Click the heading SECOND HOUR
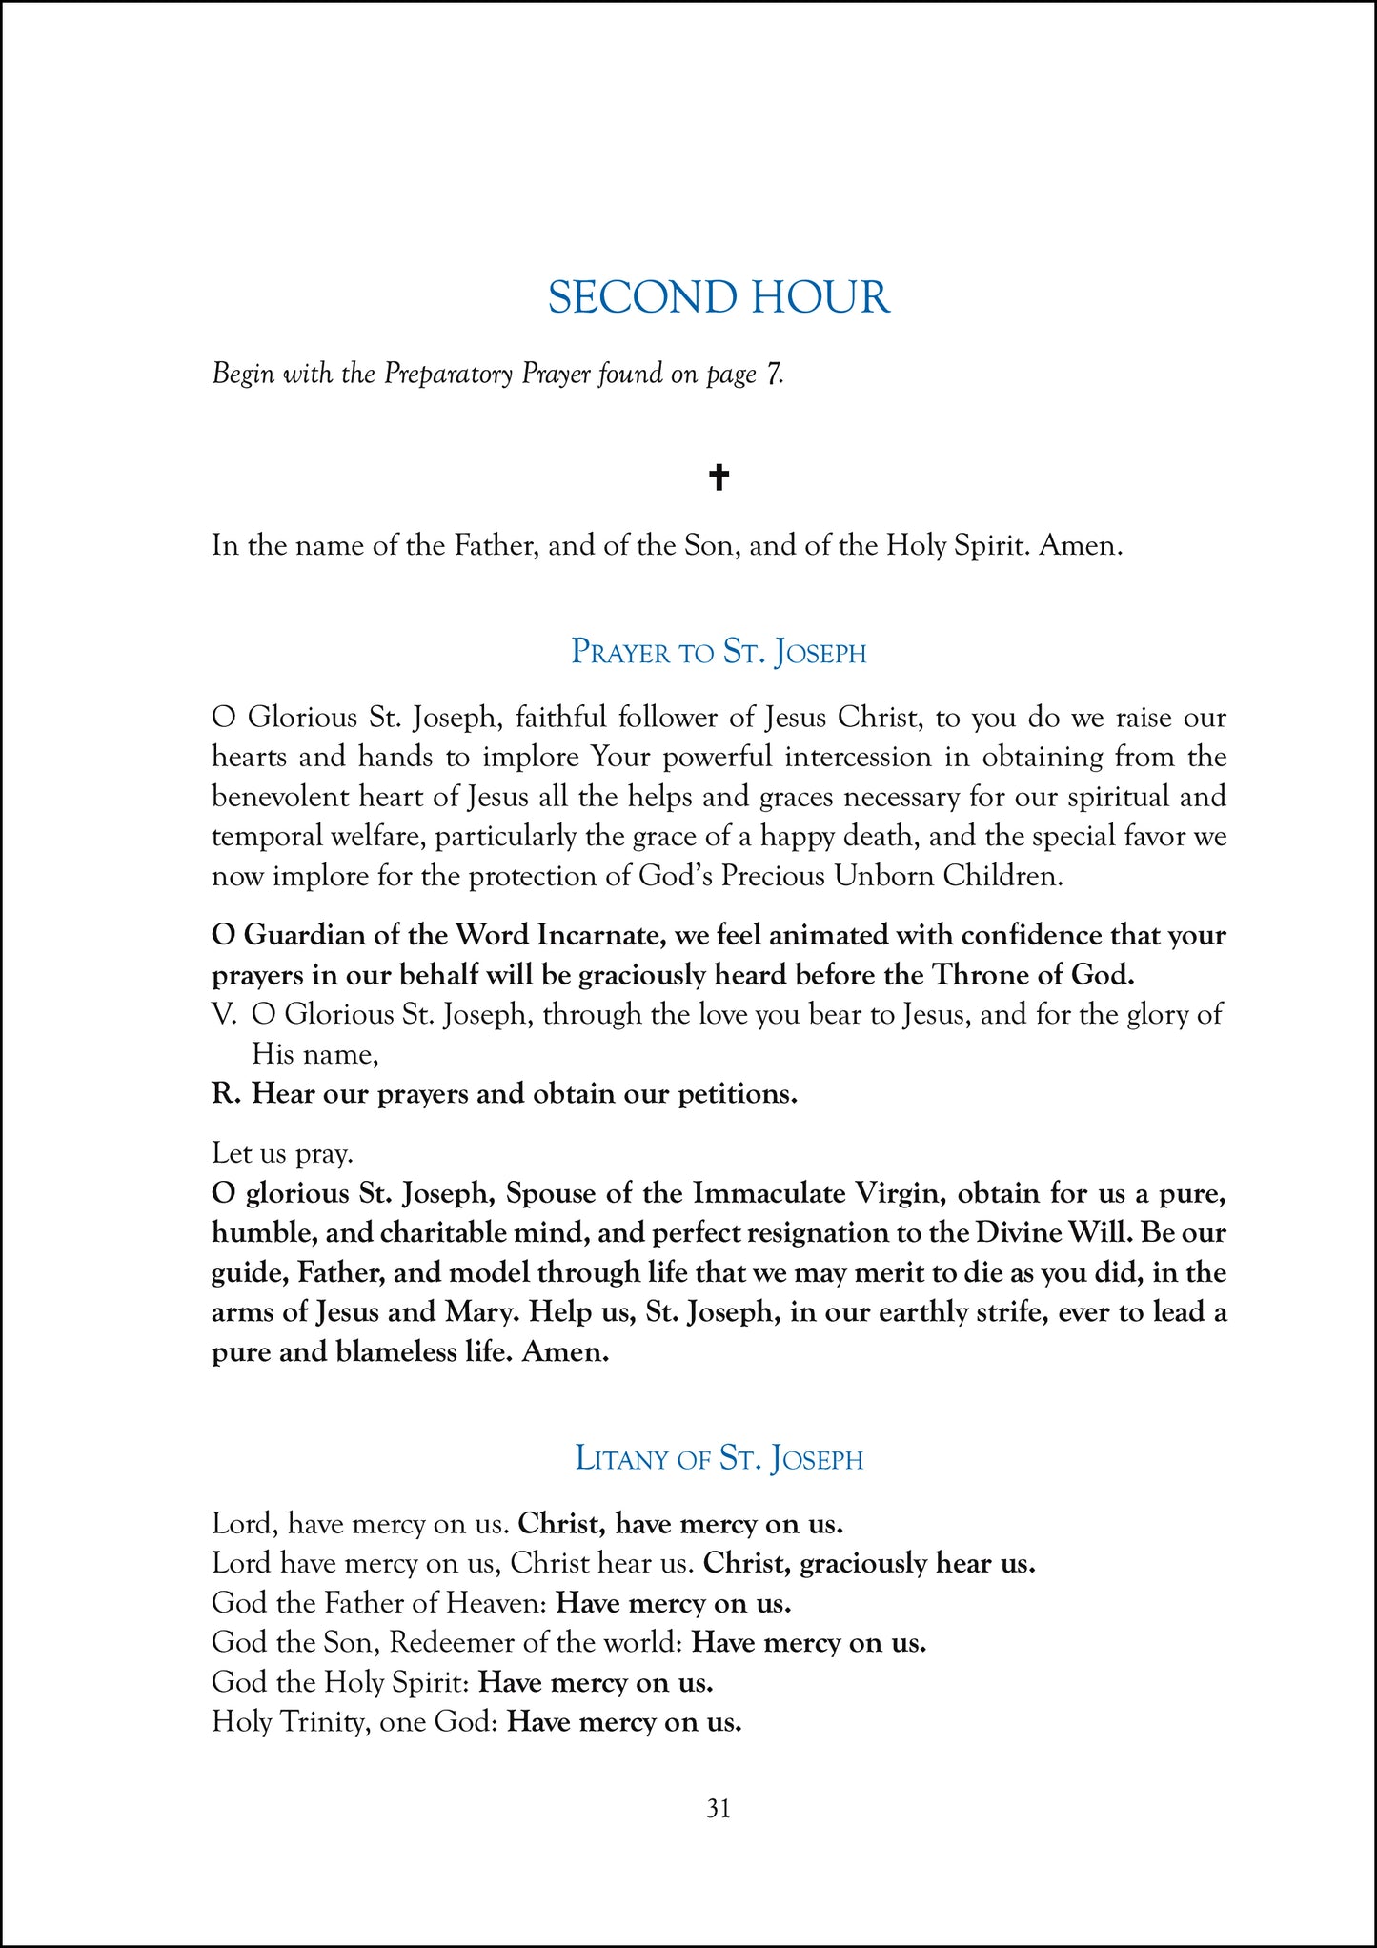click(719, 297)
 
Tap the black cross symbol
click(719, 477)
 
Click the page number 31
click(719, 1808)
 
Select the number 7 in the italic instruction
click(774, 374)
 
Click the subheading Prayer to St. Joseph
click(719, 653)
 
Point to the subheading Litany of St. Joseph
click(719, 1459)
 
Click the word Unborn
click(883, 876)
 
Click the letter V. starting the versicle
click(223, 1015)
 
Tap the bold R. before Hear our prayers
click(225, 1094)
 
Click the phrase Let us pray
click(282, 1154)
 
